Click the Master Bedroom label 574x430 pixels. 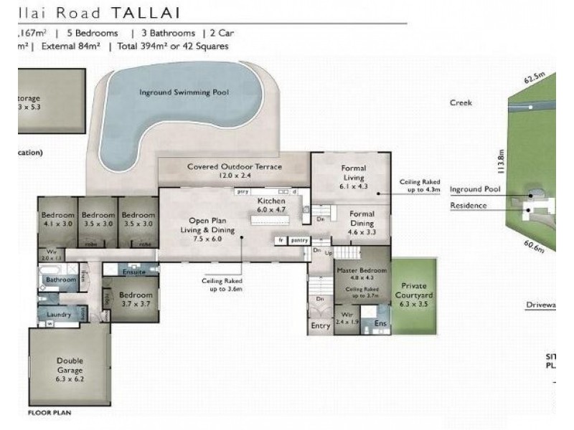click(x=361, y=271)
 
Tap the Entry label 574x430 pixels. click(x=320, y=326)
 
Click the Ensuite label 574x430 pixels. click(x=134, y=272)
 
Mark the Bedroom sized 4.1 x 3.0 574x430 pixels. click(x=57, y=219)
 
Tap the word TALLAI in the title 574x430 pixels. click(x=141, y=12)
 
